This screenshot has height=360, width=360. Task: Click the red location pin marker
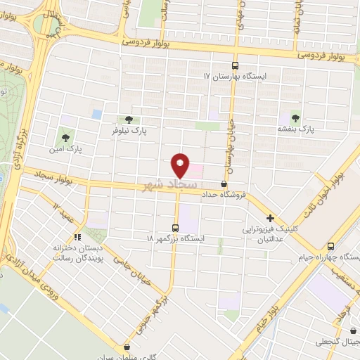click(181, 165)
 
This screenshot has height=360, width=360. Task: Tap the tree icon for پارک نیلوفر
click(127, 120)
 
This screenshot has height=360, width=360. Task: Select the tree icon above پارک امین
click(66, 137)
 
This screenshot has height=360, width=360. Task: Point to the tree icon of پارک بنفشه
click(294, 118)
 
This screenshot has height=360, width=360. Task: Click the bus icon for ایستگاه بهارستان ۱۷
click(236, 65)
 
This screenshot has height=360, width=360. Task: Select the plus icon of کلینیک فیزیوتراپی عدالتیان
click(269, 219)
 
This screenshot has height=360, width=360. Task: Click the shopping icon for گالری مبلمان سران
click(127, 347)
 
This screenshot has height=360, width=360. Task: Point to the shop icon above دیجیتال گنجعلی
click(352, 330)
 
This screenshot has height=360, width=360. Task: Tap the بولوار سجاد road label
click(47, 180)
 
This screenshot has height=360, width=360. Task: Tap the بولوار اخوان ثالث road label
click(336, 183)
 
